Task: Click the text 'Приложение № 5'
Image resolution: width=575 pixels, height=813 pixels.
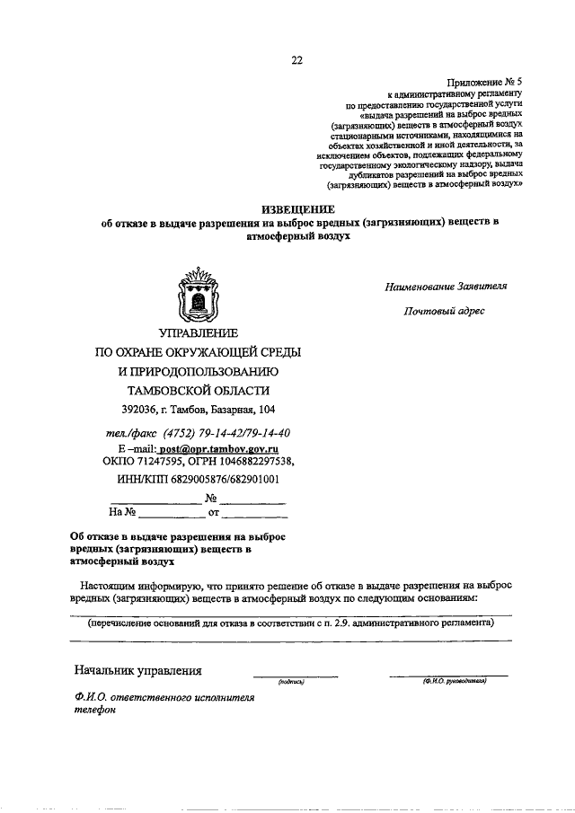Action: tap(489, 80)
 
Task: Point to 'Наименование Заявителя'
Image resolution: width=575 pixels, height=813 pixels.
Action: tap(447, 287)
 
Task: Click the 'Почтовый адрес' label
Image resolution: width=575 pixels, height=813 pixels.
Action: tap(445, 312)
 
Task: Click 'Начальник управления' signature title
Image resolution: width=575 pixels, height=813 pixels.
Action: tap(138, 670)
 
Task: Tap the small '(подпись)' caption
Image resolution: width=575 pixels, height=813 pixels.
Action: tap(293, 682)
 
